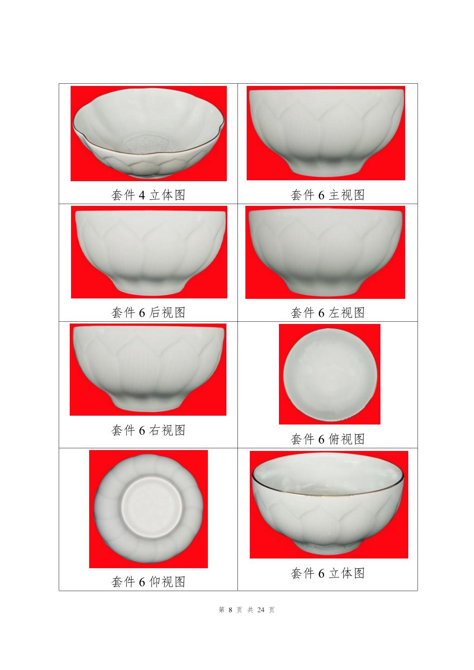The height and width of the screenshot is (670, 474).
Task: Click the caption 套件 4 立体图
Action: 148,195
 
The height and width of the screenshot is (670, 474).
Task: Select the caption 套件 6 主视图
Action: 327,195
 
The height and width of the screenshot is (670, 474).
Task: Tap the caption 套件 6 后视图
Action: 148,313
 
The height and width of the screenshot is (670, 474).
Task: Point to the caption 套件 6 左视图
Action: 327,313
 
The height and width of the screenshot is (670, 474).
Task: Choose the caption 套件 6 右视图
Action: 148,430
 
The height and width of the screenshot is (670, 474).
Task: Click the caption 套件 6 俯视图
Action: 327,439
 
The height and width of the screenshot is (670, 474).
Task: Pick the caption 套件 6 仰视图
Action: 148,582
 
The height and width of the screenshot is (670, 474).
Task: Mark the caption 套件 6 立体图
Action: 327,573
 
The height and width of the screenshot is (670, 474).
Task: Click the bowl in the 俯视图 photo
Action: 330,375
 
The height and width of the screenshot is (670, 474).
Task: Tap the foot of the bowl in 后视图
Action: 149,286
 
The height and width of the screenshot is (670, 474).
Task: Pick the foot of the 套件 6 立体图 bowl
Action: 327,545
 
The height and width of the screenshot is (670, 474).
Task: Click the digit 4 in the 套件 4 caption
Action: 142,195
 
